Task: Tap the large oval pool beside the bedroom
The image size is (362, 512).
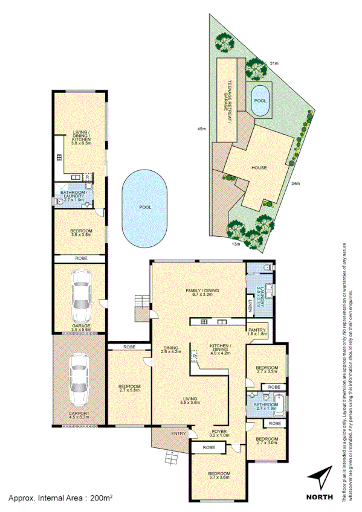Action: click(x=144, y=206)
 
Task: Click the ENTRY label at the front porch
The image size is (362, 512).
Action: click(x=178, y=434)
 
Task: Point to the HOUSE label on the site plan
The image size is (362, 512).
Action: click(x=259, y=167)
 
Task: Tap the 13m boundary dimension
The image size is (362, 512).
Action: click(x=237, y=245)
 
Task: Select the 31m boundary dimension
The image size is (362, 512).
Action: click(x=273, y=63)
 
